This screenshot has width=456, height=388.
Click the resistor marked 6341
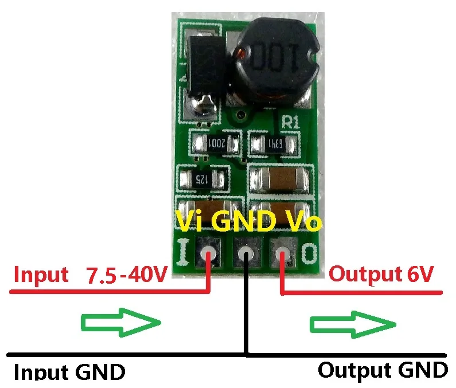point(274,144)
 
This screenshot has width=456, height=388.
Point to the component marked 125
point(202,178)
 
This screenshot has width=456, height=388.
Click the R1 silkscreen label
point(291,122)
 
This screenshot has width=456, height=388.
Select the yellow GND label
point(243,221)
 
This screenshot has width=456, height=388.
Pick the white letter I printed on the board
point(183,252)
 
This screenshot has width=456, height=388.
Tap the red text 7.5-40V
point(127,274)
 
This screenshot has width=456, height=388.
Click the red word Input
point(41,275)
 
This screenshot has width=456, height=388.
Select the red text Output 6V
point(381,274)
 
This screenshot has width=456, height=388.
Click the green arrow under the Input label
point(121,322)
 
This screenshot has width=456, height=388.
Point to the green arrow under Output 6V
point(353,324)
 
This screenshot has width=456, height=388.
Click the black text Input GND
point(69,371)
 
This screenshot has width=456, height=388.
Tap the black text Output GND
point(383,370)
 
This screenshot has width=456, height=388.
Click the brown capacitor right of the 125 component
point(280,178)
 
